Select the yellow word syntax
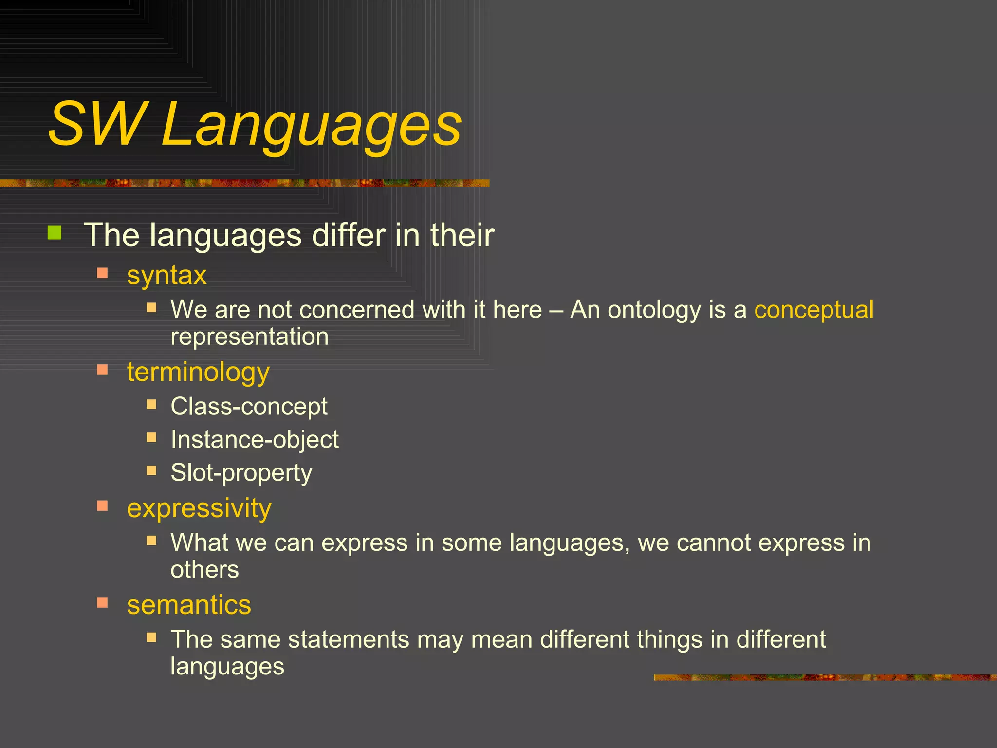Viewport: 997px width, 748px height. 166,275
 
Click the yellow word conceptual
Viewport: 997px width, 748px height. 814,310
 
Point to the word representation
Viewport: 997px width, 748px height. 249,337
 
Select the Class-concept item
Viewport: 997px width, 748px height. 249,406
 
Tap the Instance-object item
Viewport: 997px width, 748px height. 254,439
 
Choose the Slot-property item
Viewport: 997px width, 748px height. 241,472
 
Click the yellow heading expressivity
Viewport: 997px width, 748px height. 199,508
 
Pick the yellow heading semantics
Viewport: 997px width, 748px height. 189,605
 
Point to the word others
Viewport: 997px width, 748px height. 204,569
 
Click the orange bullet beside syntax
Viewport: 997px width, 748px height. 102,273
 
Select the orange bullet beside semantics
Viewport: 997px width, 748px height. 102,603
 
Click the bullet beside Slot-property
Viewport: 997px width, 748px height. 151,470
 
